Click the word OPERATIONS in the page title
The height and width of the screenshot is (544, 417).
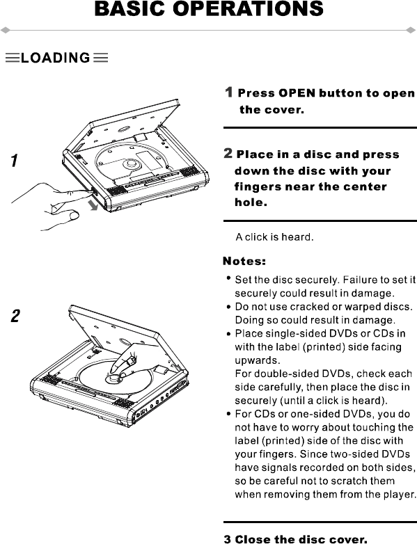[248, 8]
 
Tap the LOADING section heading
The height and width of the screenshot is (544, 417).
[56, 58]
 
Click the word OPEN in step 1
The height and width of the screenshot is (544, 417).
[297, 93]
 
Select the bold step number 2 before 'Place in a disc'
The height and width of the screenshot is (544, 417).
[228, 153]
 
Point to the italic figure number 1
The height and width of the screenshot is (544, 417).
[14, 161]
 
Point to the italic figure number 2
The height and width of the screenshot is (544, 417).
[15, 316]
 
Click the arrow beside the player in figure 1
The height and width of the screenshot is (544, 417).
[93, 205]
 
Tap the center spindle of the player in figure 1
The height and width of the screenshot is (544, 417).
[132, 163]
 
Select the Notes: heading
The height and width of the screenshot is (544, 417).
[244, 261]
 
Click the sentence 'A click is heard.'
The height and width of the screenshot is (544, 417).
[275, 237]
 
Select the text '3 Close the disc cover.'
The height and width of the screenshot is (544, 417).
[295, 539]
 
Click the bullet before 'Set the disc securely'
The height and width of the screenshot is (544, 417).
[228, 278]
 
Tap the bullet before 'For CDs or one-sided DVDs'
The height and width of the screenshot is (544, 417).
[228, 413]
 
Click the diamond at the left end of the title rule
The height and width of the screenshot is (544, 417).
[5, 31]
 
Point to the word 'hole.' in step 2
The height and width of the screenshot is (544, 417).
[251, 202]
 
